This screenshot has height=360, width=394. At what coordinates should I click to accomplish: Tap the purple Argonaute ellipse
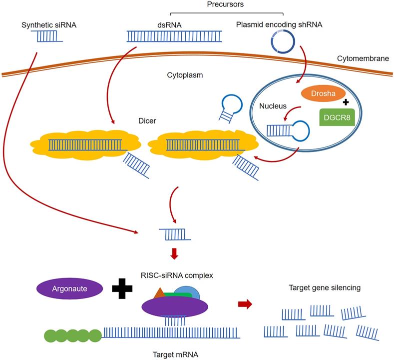pos(69,288)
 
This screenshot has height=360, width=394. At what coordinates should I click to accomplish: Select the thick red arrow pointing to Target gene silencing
pos(244,304)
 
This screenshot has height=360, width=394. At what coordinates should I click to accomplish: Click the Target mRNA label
pos(175,354)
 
